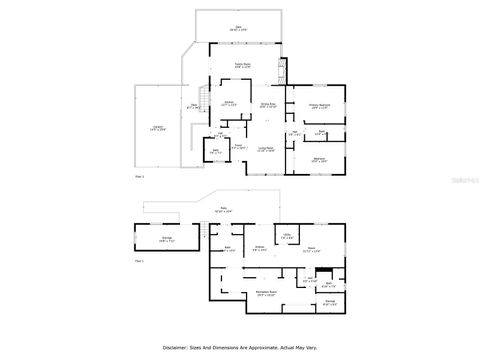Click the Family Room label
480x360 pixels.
coord(243,65)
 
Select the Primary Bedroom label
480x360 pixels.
coord(319,105)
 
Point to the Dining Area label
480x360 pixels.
coord(268,105)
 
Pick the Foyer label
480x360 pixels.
coord(239,146)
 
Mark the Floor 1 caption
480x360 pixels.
coord(139,261)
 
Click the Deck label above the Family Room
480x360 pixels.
coord(238,28)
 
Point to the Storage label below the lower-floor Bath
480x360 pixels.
coord(330,302)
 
